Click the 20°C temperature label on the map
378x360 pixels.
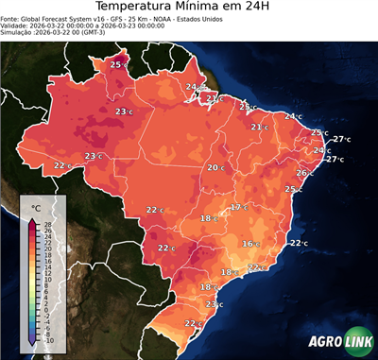coord(216,168)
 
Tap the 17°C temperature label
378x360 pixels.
coord(239,207)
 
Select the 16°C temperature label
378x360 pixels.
coord(249,244)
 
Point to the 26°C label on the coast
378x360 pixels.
coord(304,173)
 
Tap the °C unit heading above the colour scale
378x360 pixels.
coord(36,207)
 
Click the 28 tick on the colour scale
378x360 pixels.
coord(47,225)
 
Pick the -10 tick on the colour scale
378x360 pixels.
coord(48,340)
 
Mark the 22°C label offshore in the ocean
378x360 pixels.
coord(299,244)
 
